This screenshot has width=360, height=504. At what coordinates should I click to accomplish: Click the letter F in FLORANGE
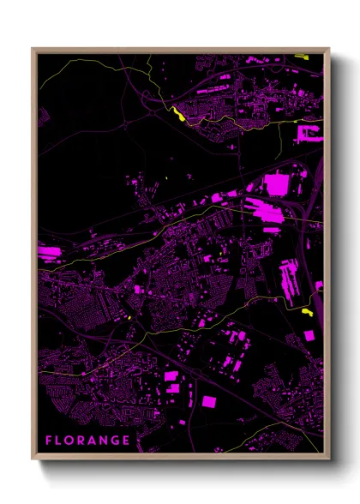(x=49, y=441)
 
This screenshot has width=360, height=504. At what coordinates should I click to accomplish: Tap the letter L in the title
(x=60, y=441)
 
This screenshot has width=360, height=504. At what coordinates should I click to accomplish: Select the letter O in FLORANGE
(x=71, y=441)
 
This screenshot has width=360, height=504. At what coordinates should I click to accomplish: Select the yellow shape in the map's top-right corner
(x=300, y=57)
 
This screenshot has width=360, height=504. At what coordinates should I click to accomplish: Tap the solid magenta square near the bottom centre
(x=208, y=400)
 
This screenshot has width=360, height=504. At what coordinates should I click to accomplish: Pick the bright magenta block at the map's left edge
(x=49, y=253)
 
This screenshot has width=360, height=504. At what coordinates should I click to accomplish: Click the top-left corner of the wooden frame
(x=33, y=48)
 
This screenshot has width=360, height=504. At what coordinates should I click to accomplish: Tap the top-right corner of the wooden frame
(x=329, y=48)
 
